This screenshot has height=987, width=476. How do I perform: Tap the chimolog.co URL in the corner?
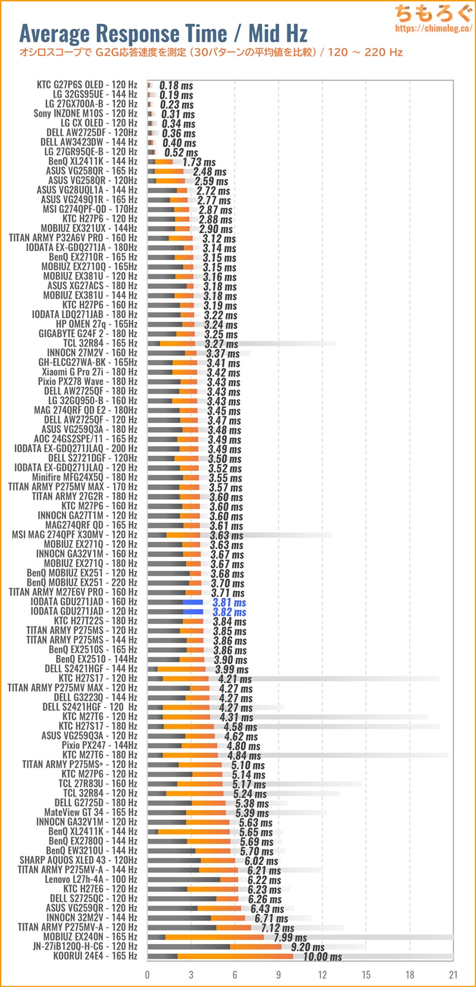coord(433,28)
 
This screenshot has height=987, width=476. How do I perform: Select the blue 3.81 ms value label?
coord(229,603)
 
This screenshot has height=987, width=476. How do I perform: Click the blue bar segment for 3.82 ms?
coord(193,612)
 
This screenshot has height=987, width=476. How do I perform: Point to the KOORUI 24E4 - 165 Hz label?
coord(95,956)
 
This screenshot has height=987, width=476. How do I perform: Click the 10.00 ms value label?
coord(322,957)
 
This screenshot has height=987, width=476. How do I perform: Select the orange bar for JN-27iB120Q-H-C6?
coord(256,947)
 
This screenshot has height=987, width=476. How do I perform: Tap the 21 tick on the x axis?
coord(453,975)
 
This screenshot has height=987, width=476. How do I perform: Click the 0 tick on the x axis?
coord(148,975)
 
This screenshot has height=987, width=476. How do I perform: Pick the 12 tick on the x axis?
coord(322,975)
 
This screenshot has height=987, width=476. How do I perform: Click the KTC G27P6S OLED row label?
coord(87,84)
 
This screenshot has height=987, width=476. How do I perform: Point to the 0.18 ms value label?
coord(176,86)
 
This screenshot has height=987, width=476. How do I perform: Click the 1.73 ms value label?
coord(199,162)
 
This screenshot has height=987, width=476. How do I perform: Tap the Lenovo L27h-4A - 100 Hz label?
coord(91,879)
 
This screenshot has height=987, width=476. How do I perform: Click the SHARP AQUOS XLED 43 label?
coord(79,860)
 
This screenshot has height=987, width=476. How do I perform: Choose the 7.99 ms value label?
coord(290,938)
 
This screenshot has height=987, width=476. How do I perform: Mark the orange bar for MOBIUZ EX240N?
coord(214,937)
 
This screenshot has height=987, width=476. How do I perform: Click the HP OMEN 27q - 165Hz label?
coord(96,324)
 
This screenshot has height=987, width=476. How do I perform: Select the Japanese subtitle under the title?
coord(211,52)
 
